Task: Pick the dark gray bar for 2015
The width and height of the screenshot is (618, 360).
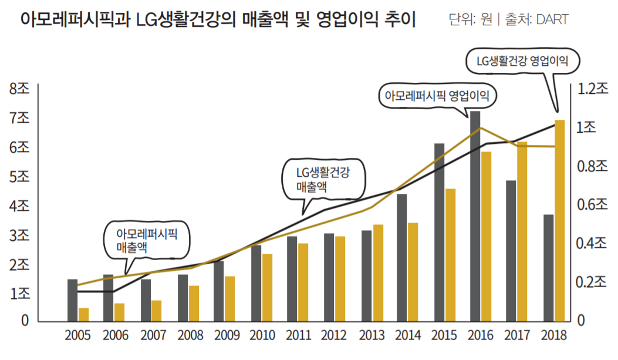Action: click(x=439, y=232)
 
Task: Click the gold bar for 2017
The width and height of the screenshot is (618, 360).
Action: click(x=522, y=231)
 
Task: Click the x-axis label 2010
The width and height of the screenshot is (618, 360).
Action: click(x=262, y=336)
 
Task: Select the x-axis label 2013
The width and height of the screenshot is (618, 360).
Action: click(x=372, y=336)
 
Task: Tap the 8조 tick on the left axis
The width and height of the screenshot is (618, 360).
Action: click(x=19, y=89)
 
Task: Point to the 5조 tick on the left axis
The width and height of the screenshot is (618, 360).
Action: click(x=19, y=177)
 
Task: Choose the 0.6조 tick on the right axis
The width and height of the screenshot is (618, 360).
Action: click(x=593, y=205)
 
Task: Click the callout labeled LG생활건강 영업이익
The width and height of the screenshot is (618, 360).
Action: click(x=522, y=61)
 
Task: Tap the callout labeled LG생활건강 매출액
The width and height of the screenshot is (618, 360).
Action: click(x=323, y=180)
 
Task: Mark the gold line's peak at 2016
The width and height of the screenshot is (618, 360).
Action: click(x=481, y=128)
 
